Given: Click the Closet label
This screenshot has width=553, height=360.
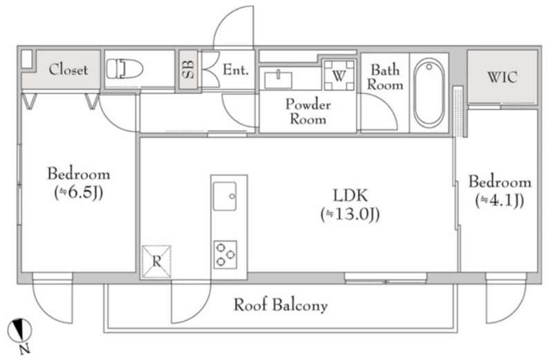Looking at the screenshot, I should tap(68, 70).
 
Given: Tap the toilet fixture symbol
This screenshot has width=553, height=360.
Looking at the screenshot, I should tap(125, 68).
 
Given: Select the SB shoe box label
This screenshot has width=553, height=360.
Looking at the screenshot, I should tap(188, 70).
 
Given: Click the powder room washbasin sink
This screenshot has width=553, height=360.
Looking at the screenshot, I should tap(280, 75).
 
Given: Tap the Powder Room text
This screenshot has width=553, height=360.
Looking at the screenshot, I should tap(309, 112).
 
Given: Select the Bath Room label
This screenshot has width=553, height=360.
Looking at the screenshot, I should tap(385, 77).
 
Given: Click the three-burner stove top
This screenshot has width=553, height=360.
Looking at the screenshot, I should tap(225, 253).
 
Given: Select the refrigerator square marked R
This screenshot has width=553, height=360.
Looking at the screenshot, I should tap(156, 262).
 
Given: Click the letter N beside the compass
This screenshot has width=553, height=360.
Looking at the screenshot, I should tap(24, 349).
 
